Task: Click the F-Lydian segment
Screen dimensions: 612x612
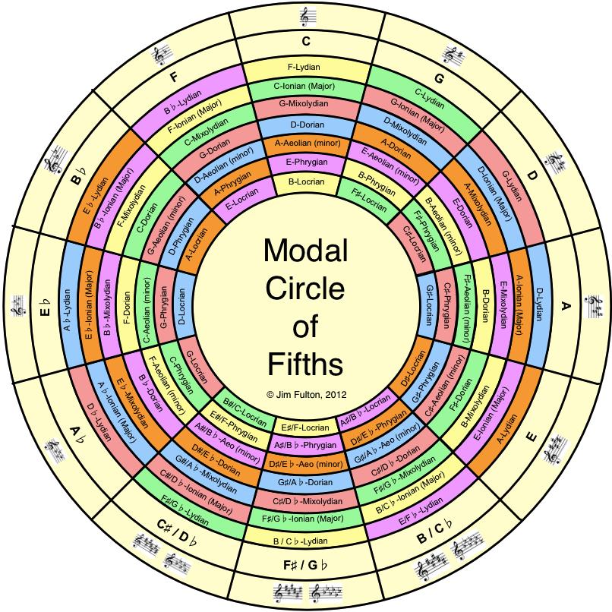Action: coord(304,67)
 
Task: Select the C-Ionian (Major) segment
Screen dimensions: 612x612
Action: coord(304,86)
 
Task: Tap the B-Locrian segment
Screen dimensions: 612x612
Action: coord(307,182)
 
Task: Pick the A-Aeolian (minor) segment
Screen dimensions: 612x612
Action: coord(308,144)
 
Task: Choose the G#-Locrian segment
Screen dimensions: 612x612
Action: coord(428,305)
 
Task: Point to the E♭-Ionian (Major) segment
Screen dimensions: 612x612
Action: coord(89,305)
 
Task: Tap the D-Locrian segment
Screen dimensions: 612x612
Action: coord(182,307)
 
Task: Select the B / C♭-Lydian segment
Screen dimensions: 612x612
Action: coord(305,541)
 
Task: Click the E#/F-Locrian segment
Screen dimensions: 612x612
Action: coord(305,427)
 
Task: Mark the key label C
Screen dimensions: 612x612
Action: coord(306,41)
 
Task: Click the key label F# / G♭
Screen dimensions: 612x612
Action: coord(305,565)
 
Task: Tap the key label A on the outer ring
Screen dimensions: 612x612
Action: coord(566,306)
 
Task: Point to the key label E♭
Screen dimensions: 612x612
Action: coord(46,308)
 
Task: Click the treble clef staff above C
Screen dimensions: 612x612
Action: coord(308,17)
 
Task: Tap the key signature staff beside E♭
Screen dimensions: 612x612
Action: coord(18,306)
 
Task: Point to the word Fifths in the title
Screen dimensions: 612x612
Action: coord(305,364)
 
